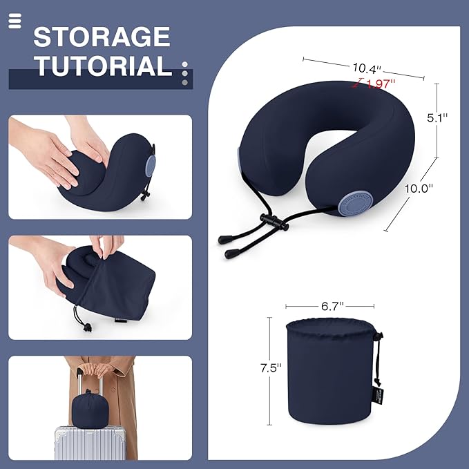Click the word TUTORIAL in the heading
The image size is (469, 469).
tap(103, 66)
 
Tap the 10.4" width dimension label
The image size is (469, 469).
tap(367, 68)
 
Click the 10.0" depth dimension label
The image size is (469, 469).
tap(421, 187)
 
